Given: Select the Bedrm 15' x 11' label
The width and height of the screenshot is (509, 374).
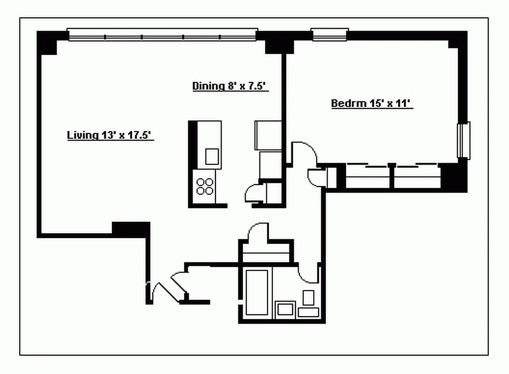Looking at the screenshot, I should (x=372, y=103).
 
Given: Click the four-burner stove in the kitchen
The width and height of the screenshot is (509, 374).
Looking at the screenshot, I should (x=205, y=187).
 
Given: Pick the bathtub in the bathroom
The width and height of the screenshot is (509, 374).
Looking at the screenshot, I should (x=257, y=292).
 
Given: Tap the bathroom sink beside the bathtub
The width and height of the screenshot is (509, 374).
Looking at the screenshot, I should (x=285, y=309).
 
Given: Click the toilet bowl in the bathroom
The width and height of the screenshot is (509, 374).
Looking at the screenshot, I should (x=308, y=298).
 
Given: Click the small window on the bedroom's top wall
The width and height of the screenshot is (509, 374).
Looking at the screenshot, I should (x=330, y=34).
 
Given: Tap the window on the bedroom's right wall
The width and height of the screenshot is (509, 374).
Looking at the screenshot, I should (x=463, y=141).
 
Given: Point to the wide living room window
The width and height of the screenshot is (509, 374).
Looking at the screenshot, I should (x=162, y=35).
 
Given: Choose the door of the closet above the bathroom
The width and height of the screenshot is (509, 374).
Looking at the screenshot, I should (x=258, y=232).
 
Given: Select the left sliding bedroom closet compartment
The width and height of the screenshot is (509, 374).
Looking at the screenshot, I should (x=367, y=177).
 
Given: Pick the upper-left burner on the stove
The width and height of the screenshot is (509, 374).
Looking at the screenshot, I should (x=200, y=182).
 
